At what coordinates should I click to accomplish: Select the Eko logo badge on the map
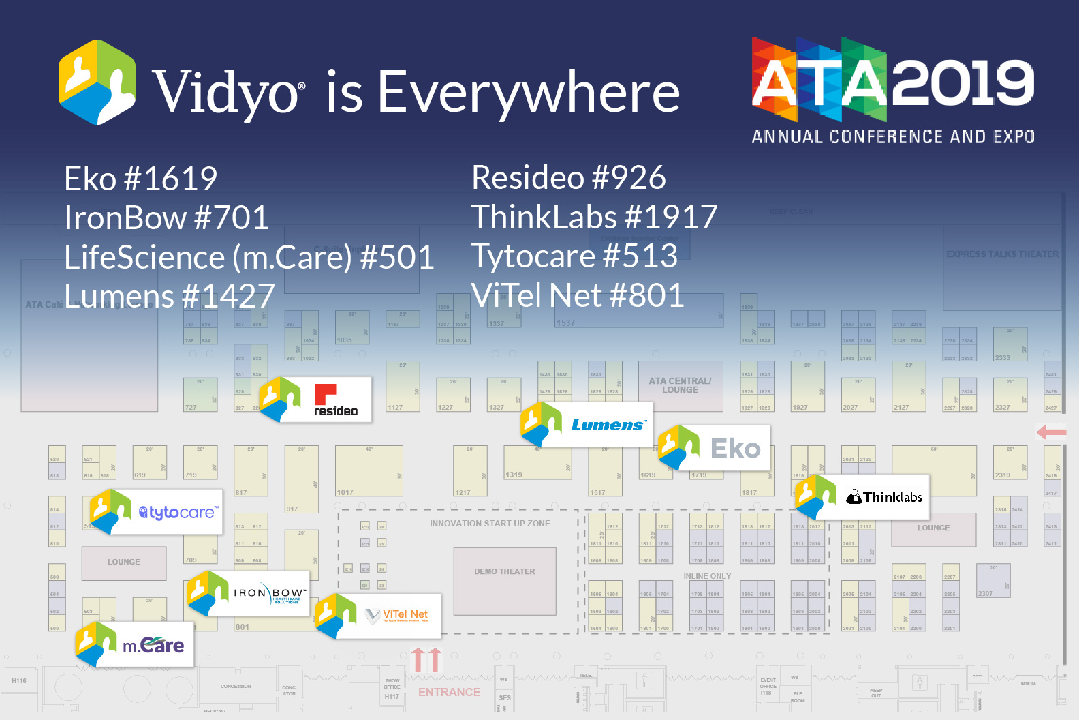(x=715, y=448)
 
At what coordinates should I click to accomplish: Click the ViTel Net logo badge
(x=379, y=616)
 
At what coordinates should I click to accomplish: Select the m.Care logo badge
(x=136, y=644)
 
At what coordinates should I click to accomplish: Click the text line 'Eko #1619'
(x=140, y=179)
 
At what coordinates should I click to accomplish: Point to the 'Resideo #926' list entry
(x=568, y=178)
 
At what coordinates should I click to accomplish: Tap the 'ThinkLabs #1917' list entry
(x=594, y=217)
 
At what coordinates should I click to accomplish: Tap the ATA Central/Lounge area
(x=680, y=386)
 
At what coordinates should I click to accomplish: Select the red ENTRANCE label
(x=449, y=692)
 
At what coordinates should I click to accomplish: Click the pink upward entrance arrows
(x=427, y=659)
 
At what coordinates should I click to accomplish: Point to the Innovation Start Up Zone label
(x=490, y=524)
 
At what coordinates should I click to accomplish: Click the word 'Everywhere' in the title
(x=529, y=93)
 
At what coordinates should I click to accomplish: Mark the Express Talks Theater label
(x=1002, y=254)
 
